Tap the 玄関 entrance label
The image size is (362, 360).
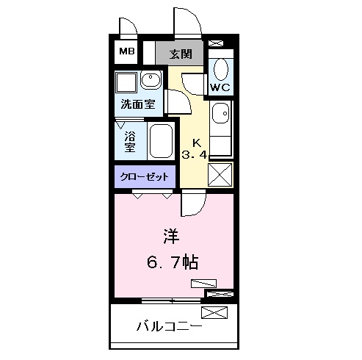tap(181, 54)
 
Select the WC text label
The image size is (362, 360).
tap(220, 87)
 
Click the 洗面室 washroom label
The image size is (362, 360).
tap(138, 105)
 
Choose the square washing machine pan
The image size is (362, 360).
tap(126, 81)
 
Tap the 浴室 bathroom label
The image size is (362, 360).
tap(130, 141)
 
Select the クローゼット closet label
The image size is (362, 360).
tap(145, 177)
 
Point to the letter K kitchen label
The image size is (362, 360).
tap(196, 142)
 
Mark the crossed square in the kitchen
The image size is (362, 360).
tap(220, 175)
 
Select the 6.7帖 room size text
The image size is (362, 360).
tap(174, 262)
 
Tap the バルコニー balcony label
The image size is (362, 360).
tap(168, 325)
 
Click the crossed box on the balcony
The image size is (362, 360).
tap(214, 314)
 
